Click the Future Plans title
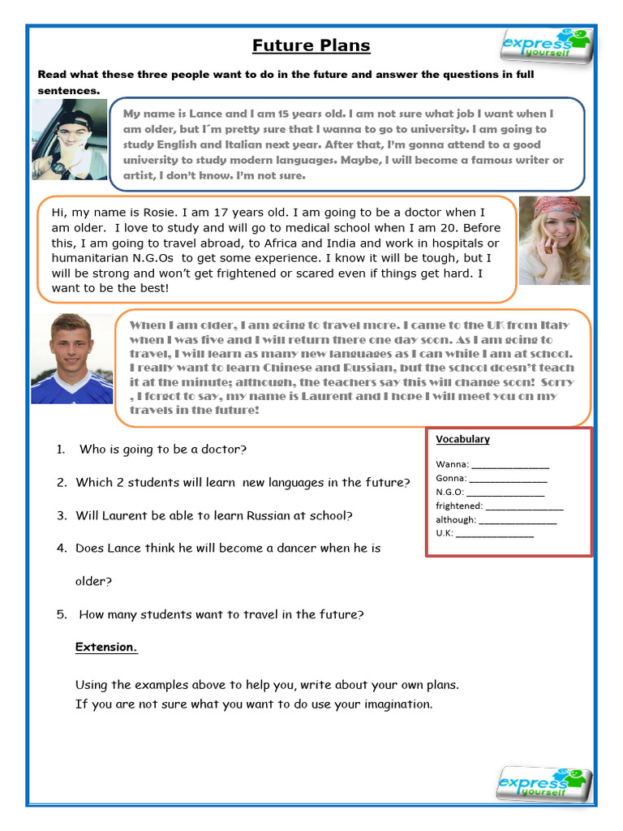pyautogui.click(x=311, y=45)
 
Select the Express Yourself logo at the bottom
pyautogui.click(x=544, y=784)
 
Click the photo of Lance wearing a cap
pyautogui.click(x=70, y=140)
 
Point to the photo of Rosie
pyautogui.click(x=554, y=240)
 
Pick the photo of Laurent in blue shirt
pyautogui.click(x=71, y=359)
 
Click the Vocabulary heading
pyautogui.click(x=462, y=439)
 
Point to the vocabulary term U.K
pyautogui.click(x=445, y=533)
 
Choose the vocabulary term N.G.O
pyautogui.click(x=449, y=493)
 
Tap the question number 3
pyautogui.click(x=62, y=515)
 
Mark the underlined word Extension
pyautogui.click(x=106, y=647)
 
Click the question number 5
pyautogui.click(x=62, y=614)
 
